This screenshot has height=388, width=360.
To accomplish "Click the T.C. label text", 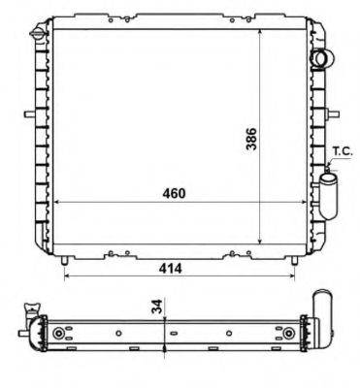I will click(x=343, y=150).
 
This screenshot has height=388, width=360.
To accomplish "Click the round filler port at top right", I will click(x=320, y=58).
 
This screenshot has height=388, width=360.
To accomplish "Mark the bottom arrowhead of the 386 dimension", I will click(x=263, y=245).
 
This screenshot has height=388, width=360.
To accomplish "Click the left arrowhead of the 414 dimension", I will click(x=67, y=274).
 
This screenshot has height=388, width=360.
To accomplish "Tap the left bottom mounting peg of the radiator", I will click(x=64, y=259).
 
